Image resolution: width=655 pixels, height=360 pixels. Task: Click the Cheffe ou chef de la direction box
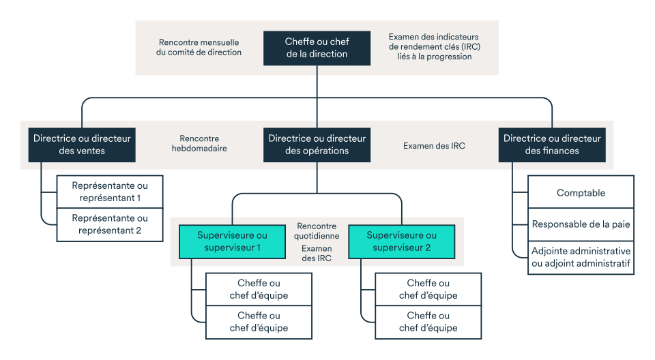[x=317, y=48]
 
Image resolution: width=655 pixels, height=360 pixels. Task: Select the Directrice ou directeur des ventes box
[x=82, y=144]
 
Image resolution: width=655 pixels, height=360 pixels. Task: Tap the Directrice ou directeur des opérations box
[x=317, y=144]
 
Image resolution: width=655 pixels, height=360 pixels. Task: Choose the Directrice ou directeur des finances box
[x=552, y=144]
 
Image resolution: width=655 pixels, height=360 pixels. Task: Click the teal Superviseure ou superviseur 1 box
[x=232, y=241]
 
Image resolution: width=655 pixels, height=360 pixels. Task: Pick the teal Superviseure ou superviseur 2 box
[x=401, y=241]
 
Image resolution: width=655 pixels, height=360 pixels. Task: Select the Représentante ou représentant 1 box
[x=110, y=192]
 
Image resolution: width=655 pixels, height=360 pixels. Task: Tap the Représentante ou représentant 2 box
[x=110, y=224]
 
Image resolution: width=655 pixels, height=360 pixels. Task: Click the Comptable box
[x=581, y=192]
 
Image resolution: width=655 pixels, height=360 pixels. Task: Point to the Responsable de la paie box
[x=581, y=224]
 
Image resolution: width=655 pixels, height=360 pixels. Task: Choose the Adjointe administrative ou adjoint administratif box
[x=581, y=257]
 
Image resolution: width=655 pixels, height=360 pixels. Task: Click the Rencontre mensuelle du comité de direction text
[x=199, y=47]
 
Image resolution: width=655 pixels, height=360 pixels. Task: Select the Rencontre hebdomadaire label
[x=199, y=143]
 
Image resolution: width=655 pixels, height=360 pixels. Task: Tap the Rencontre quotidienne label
[x=317, y=230]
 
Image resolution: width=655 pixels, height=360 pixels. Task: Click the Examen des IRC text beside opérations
[x=434, y=145]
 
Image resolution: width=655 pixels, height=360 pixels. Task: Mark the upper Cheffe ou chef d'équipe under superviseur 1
[x=259, y=289]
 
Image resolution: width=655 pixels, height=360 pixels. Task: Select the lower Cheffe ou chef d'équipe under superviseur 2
[x=428, y=322]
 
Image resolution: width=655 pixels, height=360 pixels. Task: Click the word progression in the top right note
[x=448, y=57]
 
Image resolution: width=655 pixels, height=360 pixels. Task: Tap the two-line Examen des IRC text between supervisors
[x=317, y=254]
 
